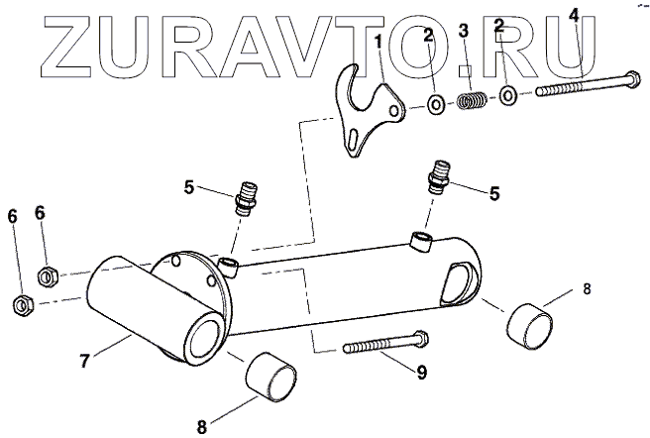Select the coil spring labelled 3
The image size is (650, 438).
(x=473, y=100)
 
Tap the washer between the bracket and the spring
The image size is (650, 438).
(x=435, y=105)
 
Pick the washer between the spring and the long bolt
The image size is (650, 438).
(x=506, y=96)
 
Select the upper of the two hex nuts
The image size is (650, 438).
(x=45, y=274)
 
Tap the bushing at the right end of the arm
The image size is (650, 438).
(x=530, y=322)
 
